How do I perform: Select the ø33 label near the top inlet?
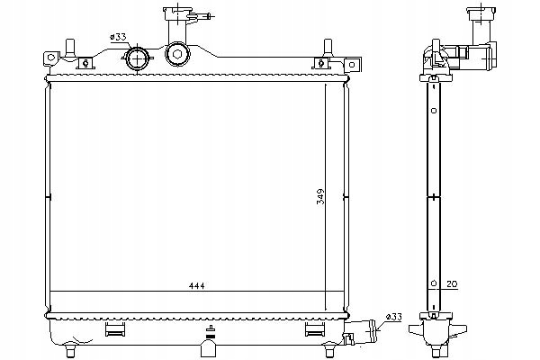tap(119, 37)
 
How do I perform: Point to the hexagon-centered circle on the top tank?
tap(177, 56)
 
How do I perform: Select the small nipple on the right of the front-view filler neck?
tap(209, 15)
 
